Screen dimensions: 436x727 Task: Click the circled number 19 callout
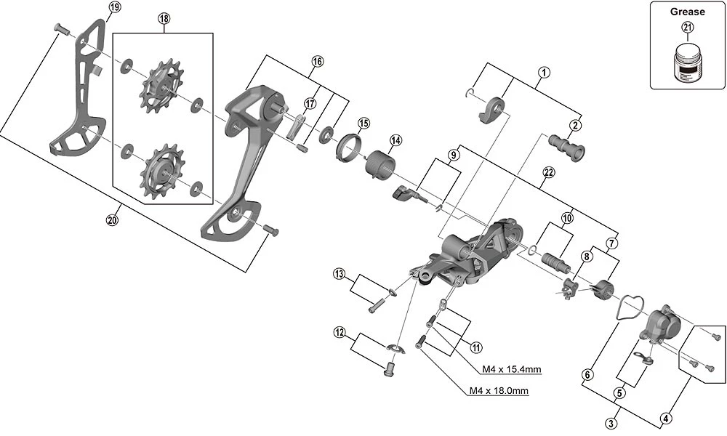click(x=114, y=7)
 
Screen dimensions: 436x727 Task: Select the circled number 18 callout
click(x=163, y=20)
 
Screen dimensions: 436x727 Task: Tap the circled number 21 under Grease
click(x=687, y=28)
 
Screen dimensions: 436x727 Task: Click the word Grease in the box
click(x=687, y=12)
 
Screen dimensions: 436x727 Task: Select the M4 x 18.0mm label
click(x=498, y=392)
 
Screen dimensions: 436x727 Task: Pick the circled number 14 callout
click(x=395, y=140)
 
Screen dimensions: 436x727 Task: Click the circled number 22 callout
click(x=548, y=171)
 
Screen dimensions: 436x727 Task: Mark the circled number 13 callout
click(x=339, y=273)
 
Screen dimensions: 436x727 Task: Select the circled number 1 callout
click(x=543, y=72)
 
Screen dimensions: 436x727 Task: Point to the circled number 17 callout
click(x=310, y=103)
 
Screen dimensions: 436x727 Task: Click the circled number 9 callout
click(x=452, y=155)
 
